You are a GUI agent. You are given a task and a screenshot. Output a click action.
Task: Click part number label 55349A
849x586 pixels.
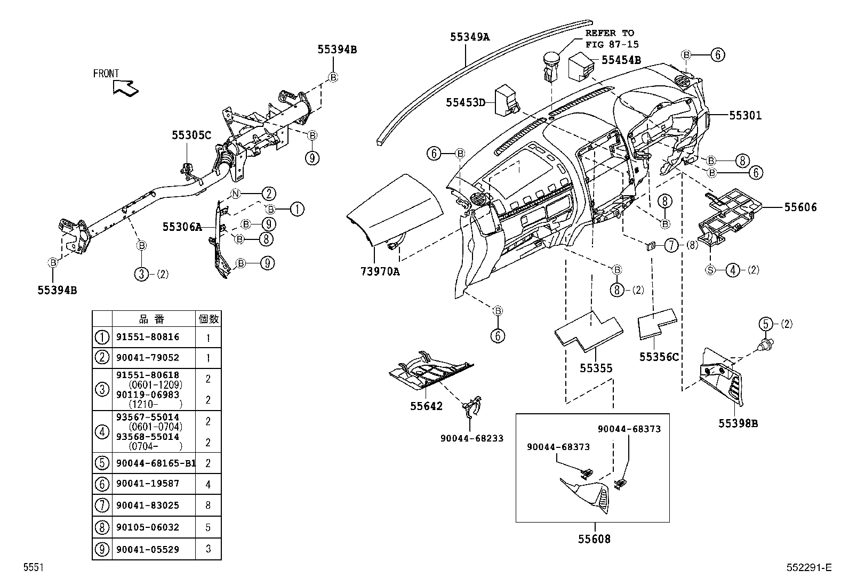tap(469, 37)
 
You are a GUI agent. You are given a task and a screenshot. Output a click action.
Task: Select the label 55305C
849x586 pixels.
tap(191, 135)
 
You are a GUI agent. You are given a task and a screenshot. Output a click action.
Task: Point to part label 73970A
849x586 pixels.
tap(379, 271)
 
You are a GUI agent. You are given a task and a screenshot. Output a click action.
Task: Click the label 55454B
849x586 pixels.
tap(621, 60)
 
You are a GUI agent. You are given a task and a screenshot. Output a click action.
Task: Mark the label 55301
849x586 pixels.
tap(745, 115)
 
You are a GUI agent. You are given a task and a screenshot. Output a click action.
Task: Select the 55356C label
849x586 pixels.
tap(659, 357)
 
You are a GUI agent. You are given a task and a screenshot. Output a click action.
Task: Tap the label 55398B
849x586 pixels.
tap(738, 423)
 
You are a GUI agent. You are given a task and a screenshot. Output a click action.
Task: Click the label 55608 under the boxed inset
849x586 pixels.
tap(595, 539)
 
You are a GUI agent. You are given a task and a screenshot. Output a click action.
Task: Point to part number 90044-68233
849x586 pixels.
tap(471, 438)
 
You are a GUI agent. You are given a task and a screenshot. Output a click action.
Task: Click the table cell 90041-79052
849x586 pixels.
tap(148, 358)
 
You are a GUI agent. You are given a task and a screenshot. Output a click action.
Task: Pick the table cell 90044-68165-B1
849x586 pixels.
tap(155, 463)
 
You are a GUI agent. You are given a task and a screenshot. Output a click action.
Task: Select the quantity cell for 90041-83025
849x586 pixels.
tap(208, 505)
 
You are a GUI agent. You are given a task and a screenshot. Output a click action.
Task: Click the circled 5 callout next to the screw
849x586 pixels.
tap(766, 324)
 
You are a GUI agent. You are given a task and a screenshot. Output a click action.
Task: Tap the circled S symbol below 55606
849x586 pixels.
tap(710, 270)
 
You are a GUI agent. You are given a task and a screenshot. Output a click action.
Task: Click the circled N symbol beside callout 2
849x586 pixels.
tap(236, 194)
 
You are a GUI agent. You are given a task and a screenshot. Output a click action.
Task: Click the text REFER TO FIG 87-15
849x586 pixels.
tap(612, 39)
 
